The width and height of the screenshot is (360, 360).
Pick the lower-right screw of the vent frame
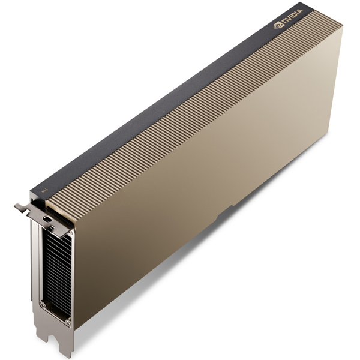pos(68,323)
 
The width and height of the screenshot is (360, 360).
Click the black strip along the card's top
pos(180,90)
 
